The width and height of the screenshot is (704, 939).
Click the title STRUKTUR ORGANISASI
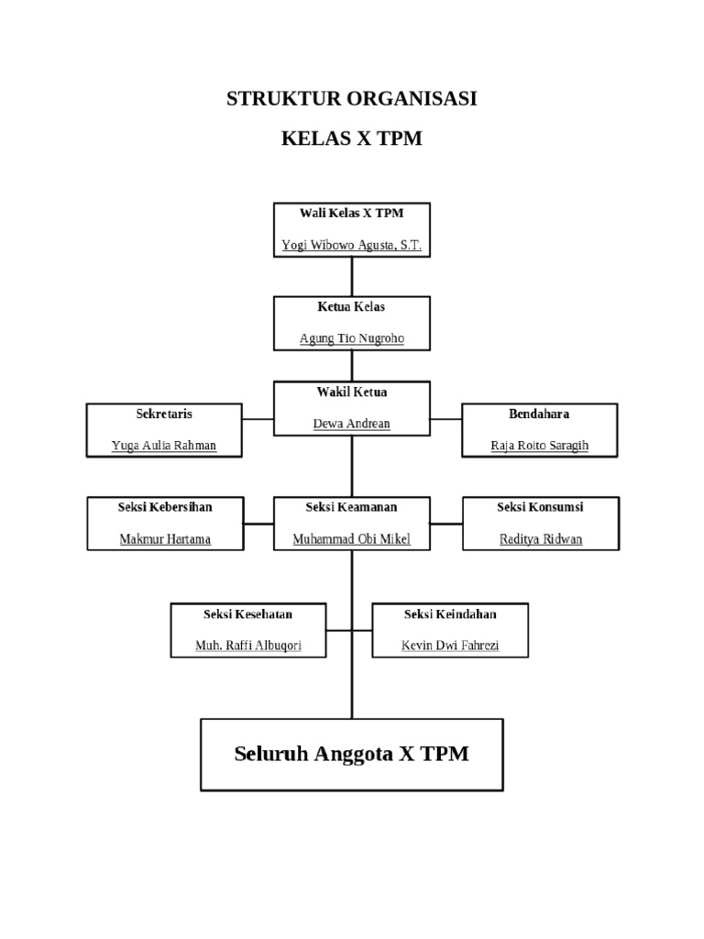351,99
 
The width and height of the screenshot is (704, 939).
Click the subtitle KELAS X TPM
351,140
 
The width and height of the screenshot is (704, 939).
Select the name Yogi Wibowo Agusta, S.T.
351,246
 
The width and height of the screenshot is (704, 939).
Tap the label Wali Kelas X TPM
351,213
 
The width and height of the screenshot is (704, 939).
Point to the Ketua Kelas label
351,306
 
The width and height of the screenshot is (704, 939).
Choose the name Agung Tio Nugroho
351,338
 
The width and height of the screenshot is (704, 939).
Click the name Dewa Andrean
351,424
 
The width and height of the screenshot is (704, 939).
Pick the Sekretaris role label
164,414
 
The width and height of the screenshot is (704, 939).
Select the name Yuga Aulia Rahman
164,447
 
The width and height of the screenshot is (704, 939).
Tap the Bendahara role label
539,414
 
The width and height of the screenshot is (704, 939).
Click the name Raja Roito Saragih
539,447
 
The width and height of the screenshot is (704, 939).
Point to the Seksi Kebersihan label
165,506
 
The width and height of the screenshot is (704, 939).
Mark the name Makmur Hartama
165,539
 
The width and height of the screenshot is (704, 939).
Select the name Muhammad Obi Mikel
351,539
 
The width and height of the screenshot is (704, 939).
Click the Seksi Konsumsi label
540,506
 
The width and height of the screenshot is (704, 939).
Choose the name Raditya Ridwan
540,539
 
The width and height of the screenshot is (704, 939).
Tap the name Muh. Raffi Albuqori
248,646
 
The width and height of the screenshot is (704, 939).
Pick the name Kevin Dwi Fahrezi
450,646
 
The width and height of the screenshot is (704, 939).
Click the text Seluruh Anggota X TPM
351,754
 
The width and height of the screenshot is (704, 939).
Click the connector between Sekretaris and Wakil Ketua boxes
258,420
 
